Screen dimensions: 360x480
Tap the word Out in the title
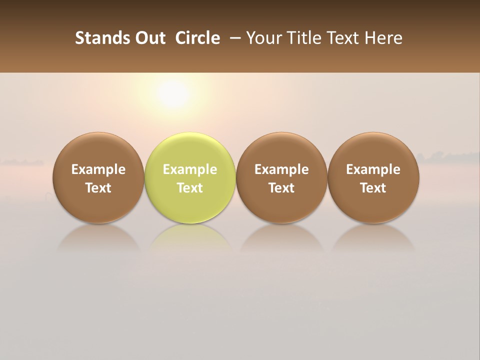point(149,38)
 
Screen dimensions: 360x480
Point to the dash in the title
point(233,38)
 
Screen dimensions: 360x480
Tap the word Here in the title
point(384,38)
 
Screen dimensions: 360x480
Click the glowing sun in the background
point(172,93)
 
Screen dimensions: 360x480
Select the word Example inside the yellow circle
point(190,169)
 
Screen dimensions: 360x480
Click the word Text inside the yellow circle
point(190,188)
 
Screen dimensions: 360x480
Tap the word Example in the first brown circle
point(98,169)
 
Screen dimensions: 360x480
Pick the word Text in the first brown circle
point(98,188)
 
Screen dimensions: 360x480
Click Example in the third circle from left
point(281,169)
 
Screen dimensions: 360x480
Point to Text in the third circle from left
point(281,188)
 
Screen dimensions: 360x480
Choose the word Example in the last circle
point(373,169)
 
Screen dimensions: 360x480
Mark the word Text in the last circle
point(373,188)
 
